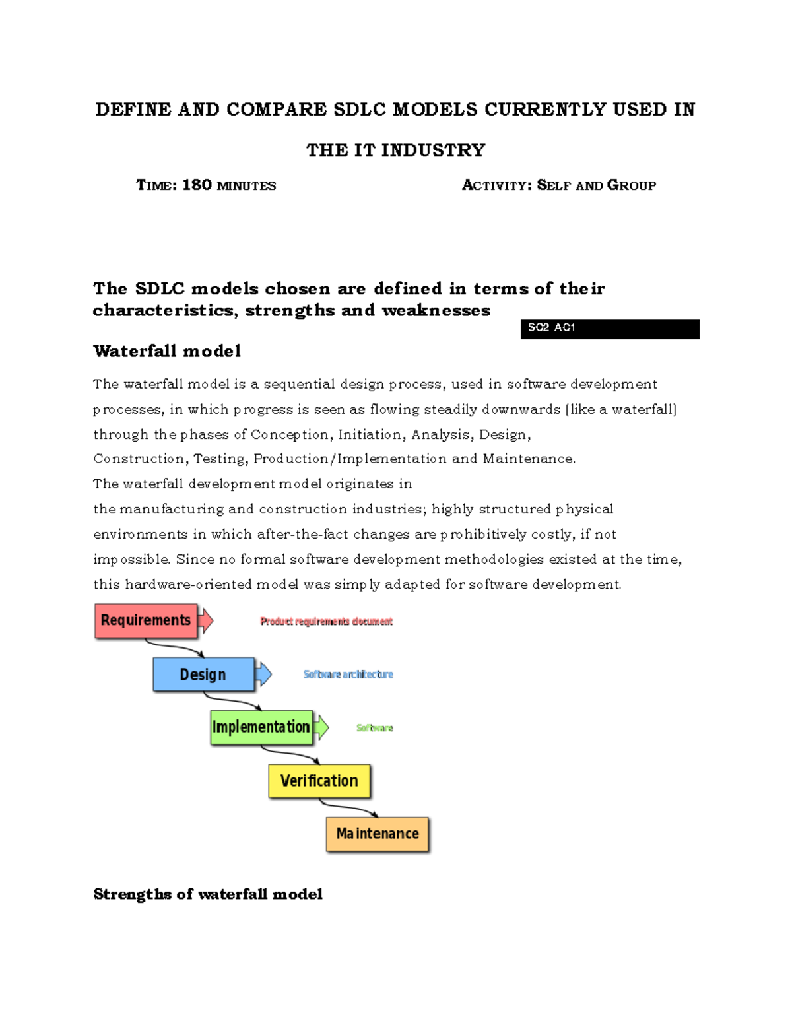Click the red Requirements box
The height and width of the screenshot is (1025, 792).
coord(146,620)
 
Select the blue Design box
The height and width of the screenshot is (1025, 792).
coord(203,674)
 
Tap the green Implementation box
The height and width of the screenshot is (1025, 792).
coord(261,727)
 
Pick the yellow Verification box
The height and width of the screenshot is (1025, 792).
coord(319,781)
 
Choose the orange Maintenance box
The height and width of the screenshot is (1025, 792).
coord(377,834)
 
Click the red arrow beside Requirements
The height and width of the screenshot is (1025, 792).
coord(206,620)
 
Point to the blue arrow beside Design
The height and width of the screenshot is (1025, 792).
coord(263,674)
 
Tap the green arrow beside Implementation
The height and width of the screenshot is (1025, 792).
coord(321,727)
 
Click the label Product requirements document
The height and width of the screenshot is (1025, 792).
coord(326,622)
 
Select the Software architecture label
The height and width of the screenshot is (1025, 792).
coord(348,675)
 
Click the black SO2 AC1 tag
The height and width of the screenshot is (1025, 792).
coord(609,329)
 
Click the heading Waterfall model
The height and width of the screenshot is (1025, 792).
coord(167,351)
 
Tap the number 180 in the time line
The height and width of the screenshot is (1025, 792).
coord(197,185)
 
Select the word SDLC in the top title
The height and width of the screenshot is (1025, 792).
coord(359,110)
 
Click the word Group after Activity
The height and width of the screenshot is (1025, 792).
coord(631,185)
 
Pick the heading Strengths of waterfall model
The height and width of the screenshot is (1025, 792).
coord(208,894)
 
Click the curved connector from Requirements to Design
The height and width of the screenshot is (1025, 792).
coord(173,647)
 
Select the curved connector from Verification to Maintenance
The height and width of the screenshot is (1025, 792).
coord(348,807)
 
